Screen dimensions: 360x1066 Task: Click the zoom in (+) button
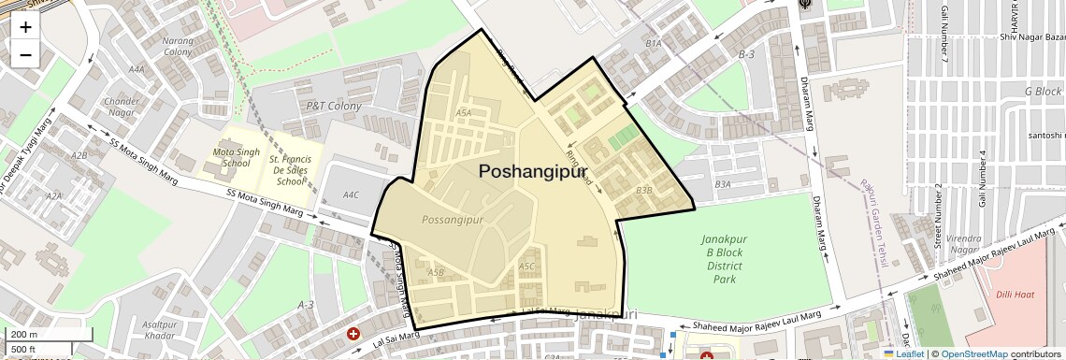[25, 27]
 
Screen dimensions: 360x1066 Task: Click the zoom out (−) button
[25, 54]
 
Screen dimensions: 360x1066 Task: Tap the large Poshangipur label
[533, 171]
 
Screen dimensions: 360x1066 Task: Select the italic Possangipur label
[453, 220]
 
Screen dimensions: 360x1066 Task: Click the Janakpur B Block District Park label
[724, 259]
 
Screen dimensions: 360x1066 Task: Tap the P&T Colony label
[334, 107]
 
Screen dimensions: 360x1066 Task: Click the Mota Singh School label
[231, 157]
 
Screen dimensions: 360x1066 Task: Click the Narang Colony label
[178, 46]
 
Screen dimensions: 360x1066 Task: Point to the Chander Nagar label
[122, 107]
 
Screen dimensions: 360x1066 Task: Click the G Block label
[1043, 92]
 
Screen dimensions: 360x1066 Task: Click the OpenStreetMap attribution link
[973, 354]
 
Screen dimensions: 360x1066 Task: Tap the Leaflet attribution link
[903, 354]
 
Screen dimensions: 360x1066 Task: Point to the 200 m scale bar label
[24, 335]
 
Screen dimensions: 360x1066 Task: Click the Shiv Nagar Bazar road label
[1032, 37]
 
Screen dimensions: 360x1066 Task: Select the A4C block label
[351, 194]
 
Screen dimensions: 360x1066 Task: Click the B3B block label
[643, 190]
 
